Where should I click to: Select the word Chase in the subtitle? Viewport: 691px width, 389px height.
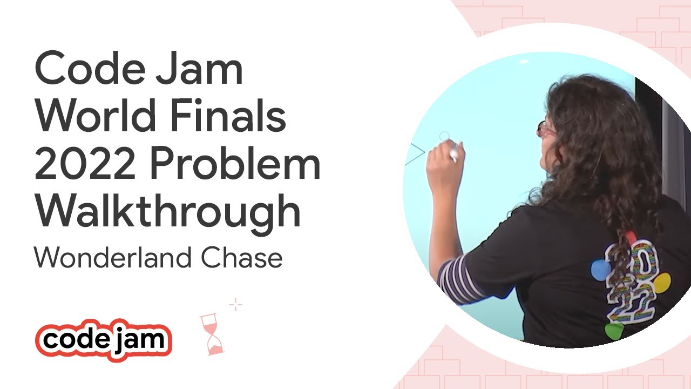pyautogui.click(x=242, y=258)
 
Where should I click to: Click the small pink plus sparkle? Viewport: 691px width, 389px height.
pyautogui.click(x=235, y=306)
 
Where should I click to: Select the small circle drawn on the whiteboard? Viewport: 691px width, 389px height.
pyautogui.click(x=444, y=136)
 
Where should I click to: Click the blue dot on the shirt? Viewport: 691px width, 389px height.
pyautogui.click(x=599, y=270)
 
